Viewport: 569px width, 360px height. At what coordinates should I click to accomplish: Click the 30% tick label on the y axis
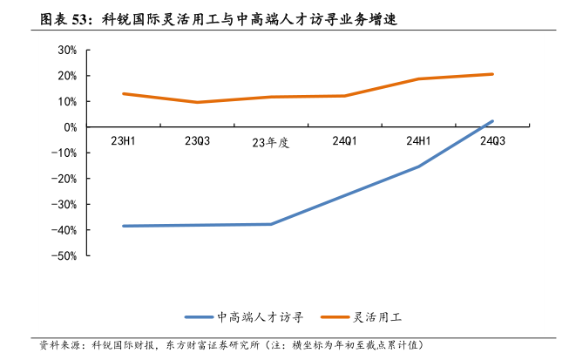[67, 50]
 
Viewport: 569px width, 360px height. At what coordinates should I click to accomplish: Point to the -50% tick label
[65, 256]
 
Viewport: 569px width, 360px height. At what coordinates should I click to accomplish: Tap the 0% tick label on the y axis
[70, 127]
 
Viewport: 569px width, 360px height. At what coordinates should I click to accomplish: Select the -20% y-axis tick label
[65, 179]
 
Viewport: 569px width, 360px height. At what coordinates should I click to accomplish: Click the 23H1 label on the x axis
[123, 140]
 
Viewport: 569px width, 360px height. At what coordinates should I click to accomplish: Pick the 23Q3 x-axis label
[197, 140]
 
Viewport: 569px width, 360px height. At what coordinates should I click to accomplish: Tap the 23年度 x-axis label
[270, 142]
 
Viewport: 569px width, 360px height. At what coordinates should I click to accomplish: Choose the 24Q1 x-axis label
[345, 140]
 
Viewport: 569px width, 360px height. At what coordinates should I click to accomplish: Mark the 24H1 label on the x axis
[418, 140]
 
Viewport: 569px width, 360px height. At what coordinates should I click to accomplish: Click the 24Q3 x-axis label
[492, 140]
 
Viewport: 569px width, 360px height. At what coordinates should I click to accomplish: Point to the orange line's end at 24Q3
[492, 74]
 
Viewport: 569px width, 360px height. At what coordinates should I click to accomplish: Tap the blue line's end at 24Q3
[492, 121]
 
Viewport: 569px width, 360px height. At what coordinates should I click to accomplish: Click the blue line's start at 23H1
[123, 226]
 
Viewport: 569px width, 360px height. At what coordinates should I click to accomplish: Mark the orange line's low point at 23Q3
[197, 102]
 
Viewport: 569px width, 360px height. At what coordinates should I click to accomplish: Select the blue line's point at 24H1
[418, 166]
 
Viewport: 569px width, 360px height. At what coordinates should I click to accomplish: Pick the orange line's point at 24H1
[418, 79]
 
